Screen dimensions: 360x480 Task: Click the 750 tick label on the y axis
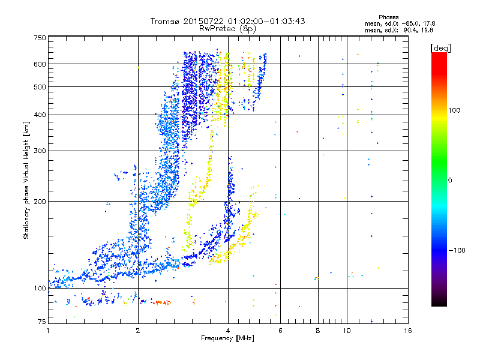(40, 38)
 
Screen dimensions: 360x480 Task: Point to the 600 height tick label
(40, 64)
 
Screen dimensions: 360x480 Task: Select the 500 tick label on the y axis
(40, 86)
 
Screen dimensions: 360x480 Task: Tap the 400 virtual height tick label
(40, 115)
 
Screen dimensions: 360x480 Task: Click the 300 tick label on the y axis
(40, 150)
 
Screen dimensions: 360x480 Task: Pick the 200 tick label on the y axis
(40, 201)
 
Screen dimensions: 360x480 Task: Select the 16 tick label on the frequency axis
(407, 331)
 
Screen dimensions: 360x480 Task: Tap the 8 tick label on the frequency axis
(318, 331)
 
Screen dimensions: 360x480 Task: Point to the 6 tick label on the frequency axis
(281, 331)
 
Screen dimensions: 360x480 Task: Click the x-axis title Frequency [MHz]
(228, 339)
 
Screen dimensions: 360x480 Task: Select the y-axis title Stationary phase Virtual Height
(26, 180)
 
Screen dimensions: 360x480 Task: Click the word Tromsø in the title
(166, 21)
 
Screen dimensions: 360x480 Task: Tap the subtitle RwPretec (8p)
(228, 28)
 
